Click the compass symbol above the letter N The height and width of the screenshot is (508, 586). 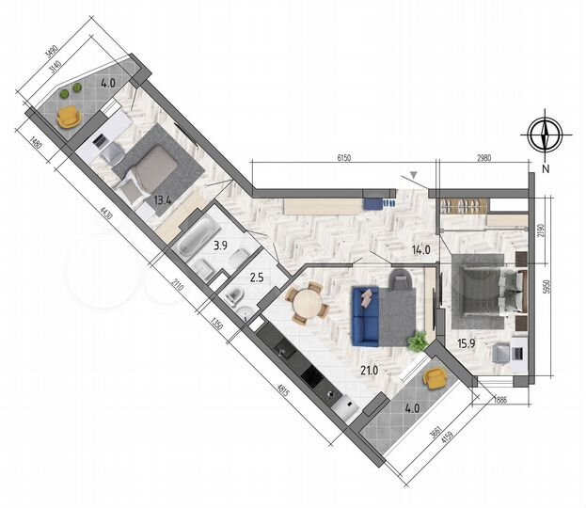point(545,135)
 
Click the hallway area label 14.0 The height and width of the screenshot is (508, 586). point(421,250)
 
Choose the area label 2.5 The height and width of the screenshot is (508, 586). point(256,278)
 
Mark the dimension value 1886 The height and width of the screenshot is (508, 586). point(501,400)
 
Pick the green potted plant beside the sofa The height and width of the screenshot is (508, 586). point(415,340)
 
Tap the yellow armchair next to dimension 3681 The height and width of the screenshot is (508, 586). point(435,378)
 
